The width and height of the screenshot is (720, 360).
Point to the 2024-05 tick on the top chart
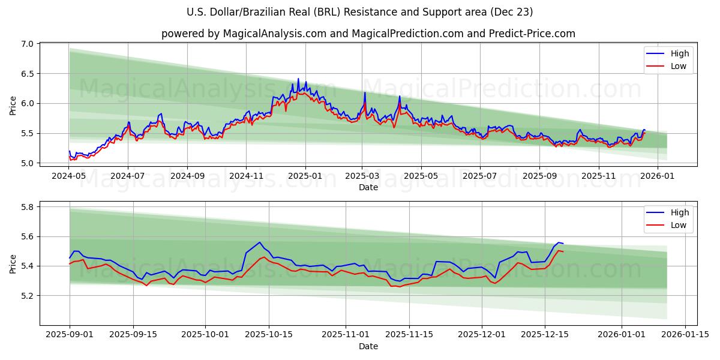pos(69,176)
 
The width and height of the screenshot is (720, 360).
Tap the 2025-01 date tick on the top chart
pos(305,176)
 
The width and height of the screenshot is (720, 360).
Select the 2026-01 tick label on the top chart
pos(658,176)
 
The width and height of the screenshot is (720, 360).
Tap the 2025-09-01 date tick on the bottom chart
pos(70,335)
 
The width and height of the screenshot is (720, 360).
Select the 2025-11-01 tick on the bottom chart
pos(346,335)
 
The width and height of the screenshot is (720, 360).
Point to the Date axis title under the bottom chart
pos(368,346)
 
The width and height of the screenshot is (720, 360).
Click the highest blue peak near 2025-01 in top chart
pos(298,79)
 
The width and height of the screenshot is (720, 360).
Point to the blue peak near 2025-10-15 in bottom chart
pos(259,242)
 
